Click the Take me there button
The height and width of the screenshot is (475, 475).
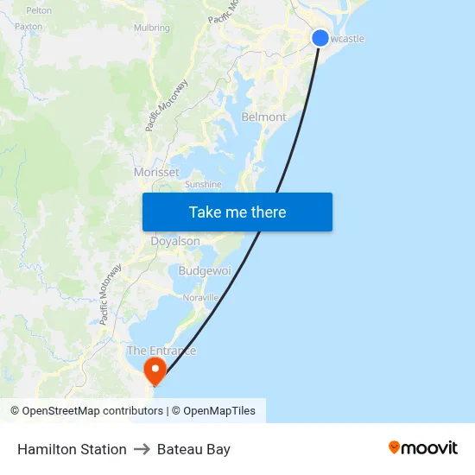[x=237, y=212]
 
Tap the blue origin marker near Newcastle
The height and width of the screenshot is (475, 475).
[x=320, y=38]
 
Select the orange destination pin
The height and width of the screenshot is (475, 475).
[x=155, y=372]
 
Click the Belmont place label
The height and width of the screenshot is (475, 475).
[x=263, y=117]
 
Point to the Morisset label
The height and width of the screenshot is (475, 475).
[x=156, y=172]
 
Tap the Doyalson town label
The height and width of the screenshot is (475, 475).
[x=175, y=242]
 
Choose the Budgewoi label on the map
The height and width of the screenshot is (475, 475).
[x=205, y=271]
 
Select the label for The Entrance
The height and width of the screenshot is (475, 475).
[x=161, y=351]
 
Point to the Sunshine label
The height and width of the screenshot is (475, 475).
[x=203, y=184]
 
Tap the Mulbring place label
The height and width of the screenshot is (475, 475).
[x=151, y=28]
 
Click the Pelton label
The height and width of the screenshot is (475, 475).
[x=39, y=10]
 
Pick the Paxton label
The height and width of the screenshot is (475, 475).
[x=28, y=27]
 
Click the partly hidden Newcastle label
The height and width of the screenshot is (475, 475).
[x=347, y=39]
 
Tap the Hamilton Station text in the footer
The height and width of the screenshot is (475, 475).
[x=72, y=449]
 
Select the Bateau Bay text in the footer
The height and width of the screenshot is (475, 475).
[x=193, y=449]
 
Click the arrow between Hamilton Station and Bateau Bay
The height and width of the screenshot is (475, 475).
[x=142, y=449]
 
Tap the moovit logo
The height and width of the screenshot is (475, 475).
[x=423, y=447]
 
